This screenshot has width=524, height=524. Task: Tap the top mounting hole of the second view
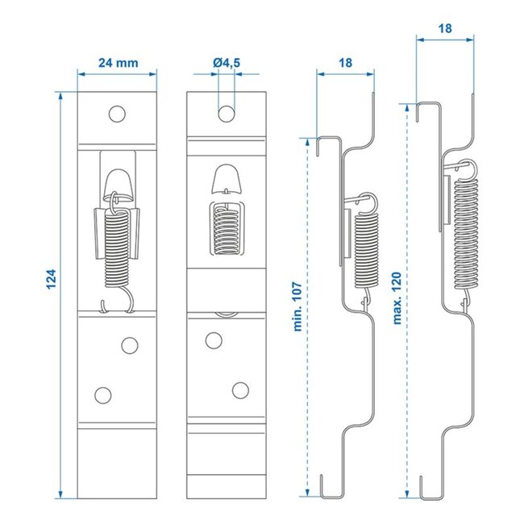pos(226,113)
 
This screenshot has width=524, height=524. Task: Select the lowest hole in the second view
pos(239,391)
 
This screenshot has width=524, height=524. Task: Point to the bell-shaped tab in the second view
pos(227,180)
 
